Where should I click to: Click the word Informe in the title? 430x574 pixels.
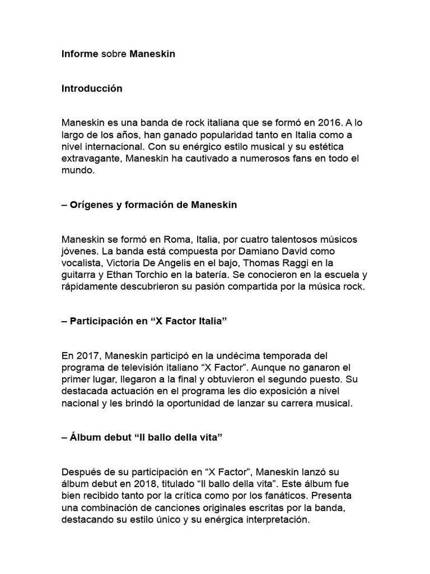80,54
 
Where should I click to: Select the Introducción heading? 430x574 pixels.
92,89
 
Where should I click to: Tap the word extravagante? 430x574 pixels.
91,159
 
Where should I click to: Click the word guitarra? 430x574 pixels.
79,275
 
